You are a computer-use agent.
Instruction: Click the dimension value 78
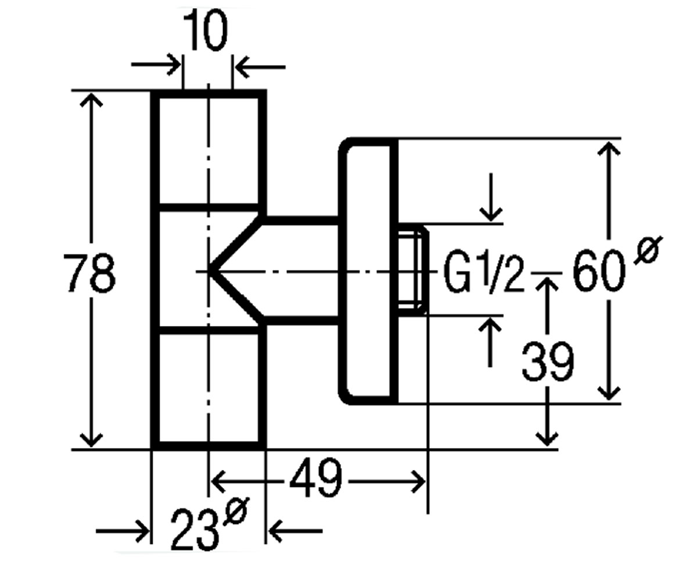tap(89, 273)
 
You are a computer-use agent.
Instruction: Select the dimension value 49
tap(316, 478)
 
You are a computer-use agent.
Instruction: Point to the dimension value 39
tap(548, 361)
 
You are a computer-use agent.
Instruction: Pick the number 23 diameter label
tap(196, 530)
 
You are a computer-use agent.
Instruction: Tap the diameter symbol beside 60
tap(648, 250)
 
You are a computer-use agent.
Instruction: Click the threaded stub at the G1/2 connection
tap(413, 270)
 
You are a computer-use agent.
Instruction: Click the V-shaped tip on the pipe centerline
tap(209, 272)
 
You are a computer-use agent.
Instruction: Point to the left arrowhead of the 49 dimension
tap(218, 482)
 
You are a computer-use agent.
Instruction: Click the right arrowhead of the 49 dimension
tap(419, 482)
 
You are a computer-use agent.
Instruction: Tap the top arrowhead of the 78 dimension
tap(91, 99)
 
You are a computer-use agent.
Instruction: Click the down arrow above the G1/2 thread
tap(491, 197)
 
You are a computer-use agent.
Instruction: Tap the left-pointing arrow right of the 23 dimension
tap(295, 531)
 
